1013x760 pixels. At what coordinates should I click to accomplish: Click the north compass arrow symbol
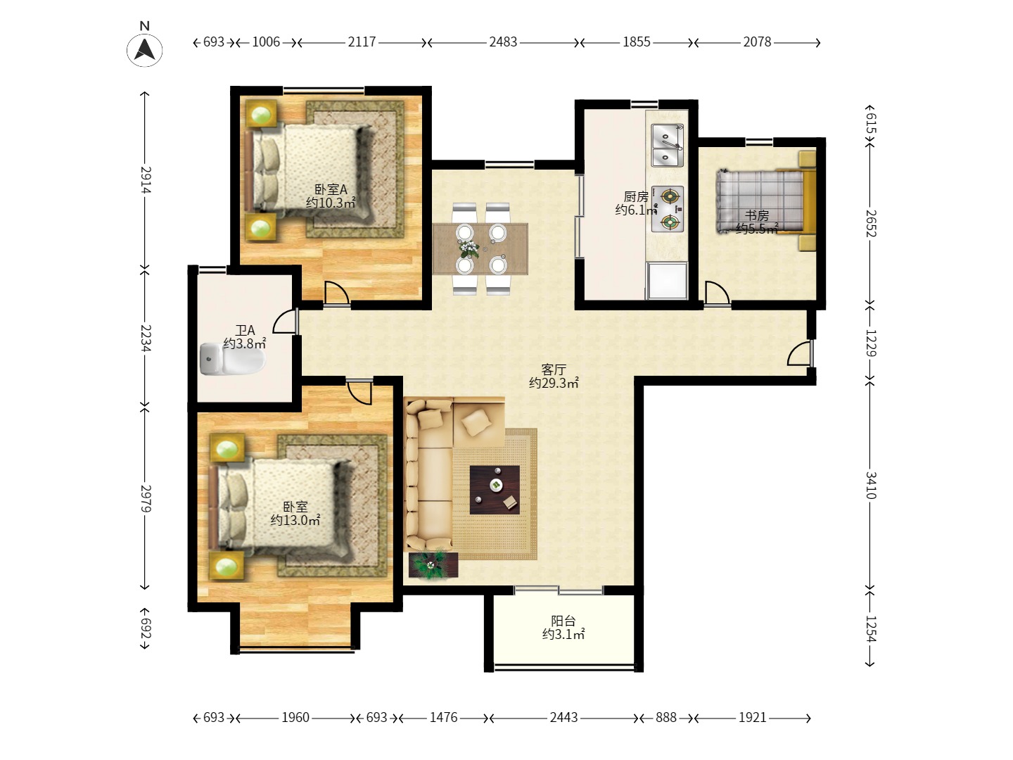click(x=144, y=49)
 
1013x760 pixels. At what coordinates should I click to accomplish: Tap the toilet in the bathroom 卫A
click(x=233, y=359)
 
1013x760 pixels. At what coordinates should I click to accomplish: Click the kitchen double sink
click(x=668, y=145)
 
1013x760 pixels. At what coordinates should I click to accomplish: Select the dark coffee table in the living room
click(x=495, y=490)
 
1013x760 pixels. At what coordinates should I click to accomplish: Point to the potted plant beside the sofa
click(x=433, y=564)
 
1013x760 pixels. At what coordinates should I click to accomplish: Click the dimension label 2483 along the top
click(x=503, y=42)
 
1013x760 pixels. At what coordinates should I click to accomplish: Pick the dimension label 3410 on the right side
click(x=870, y=486)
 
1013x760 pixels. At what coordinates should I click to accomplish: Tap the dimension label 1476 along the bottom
click(x=443, y=718)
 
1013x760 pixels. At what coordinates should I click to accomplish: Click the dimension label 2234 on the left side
click(x=146, y=338)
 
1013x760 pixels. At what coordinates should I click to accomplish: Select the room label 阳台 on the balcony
click(x=563, y=621)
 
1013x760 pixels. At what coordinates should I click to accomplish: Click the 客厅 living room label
click(x=554, y=369)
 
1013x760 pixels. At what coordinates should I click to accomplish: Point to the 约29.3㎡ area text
click(x=554, y=383)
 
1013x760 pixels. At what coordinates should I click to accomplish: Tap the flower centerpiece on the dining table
click(x=469, y=248)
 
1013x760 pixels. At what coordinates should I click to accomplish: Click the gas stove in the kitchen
click(x=668, y=209)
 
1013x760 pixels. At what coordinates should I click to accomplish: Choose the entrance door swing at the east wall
click(x=800, y=353)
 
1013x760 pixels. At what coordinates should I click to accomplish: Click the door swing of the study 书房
click(x=717, y=293)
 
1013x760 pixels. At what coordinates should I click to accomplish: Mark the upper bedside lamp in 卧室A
click(x=261, y=113)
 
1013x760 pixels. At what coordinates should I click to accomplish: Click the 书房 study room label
click(x=757, y=215)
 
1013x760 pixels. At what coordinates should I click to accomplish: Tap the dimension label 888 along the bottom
click(x=665, y=718)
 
